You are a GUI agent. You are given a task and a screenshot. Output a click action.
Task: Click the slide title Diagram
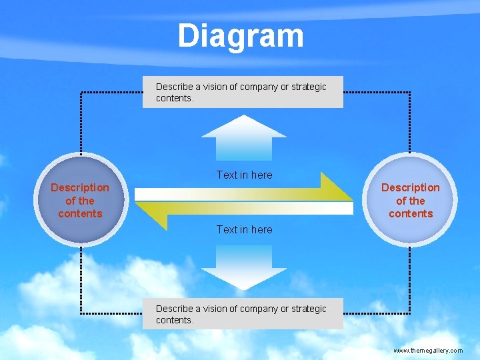click(x=241, y=36)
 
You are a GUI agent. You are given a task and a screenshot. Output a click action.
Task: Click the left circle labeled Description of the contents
click(x=80, y=200)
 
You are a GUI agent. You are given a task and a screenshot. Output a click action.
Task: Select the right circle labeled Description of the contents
click(x=411, y=200)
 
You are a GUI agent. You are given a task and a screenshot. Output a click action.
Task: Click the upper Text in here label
click(x=244, y=175)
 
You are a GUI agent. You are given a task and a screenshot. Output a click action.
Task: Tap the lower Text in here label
click(x=244, y=229)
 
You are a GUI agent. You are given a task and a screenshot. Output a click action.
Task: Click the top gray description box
click(x=243, y=92)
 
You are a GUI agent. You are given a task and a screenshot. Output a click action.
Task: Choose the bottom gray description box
click(x=243, y=314)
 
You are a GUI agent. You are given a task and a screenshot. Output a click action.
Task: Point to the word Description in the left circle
click(x=80, y=187)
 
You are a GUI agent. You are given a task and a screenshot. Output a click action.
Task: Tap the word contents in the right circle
click(x=411, y=213)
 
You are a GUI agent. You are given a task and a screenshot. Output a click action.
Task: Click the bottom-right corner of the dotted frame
click(x=409, y=312)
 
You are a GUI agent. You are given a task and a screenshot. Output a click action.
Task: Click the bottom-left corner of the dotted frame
click(x=81, y=312)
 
